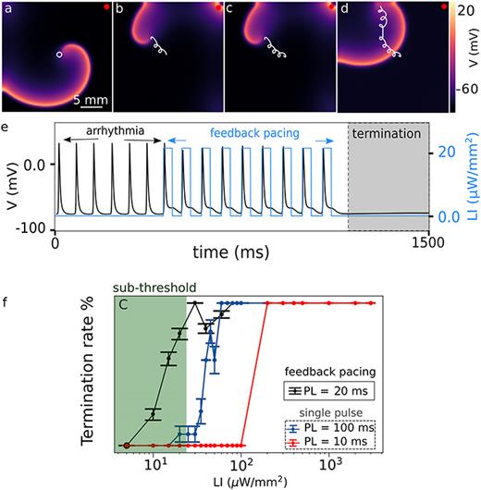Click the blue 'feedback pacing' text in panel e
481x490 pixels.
248,133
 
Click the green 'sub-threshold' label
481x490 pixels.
145,287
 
